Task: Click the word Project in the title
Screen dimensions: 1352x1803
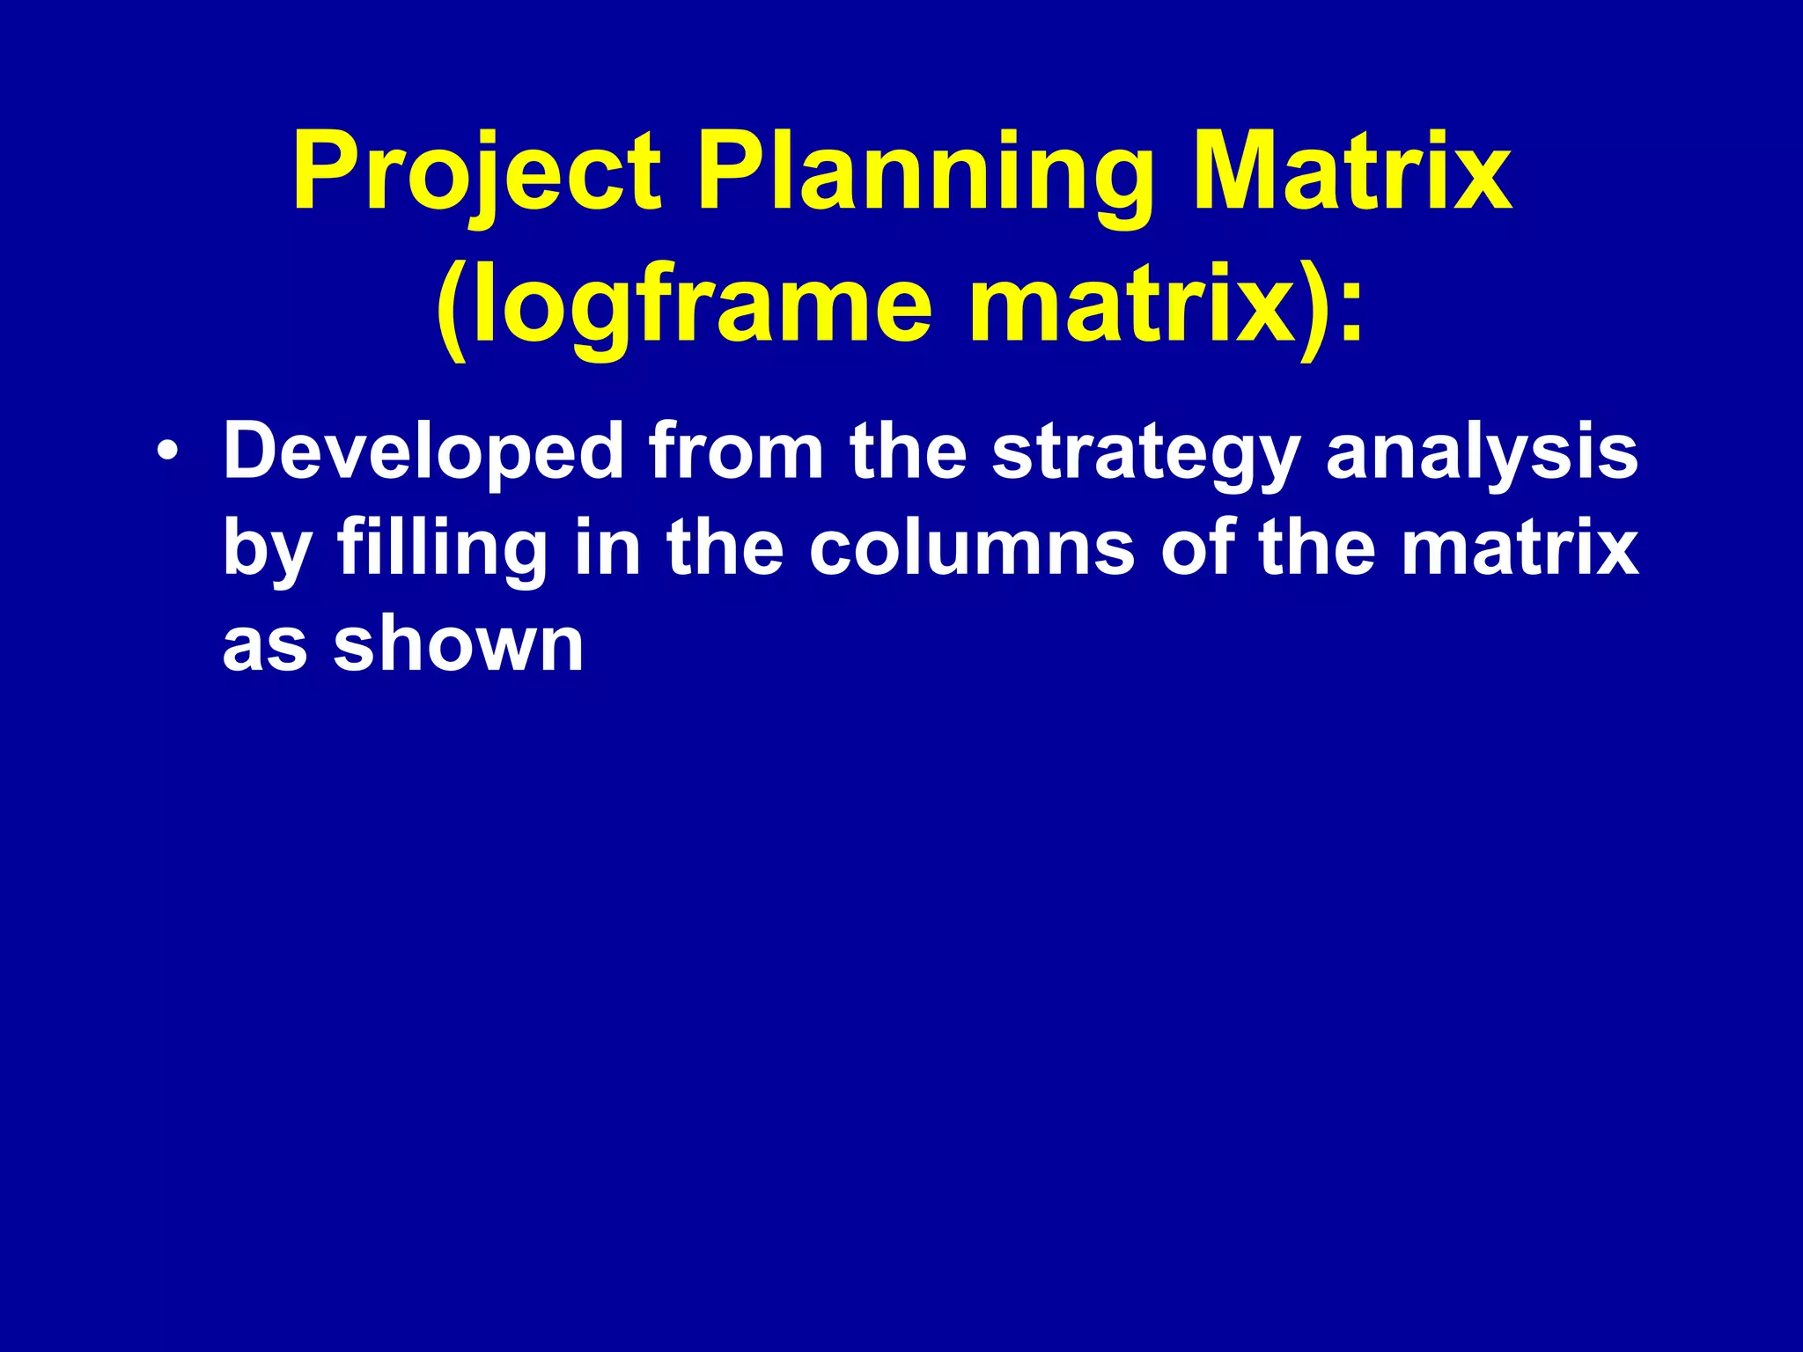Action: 476,173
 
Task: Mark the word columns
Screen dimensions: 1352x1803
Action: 972,548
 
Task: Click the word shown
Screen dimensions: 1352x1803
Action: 458,644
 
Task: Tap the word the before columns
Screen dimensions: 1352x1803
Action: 725,548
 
